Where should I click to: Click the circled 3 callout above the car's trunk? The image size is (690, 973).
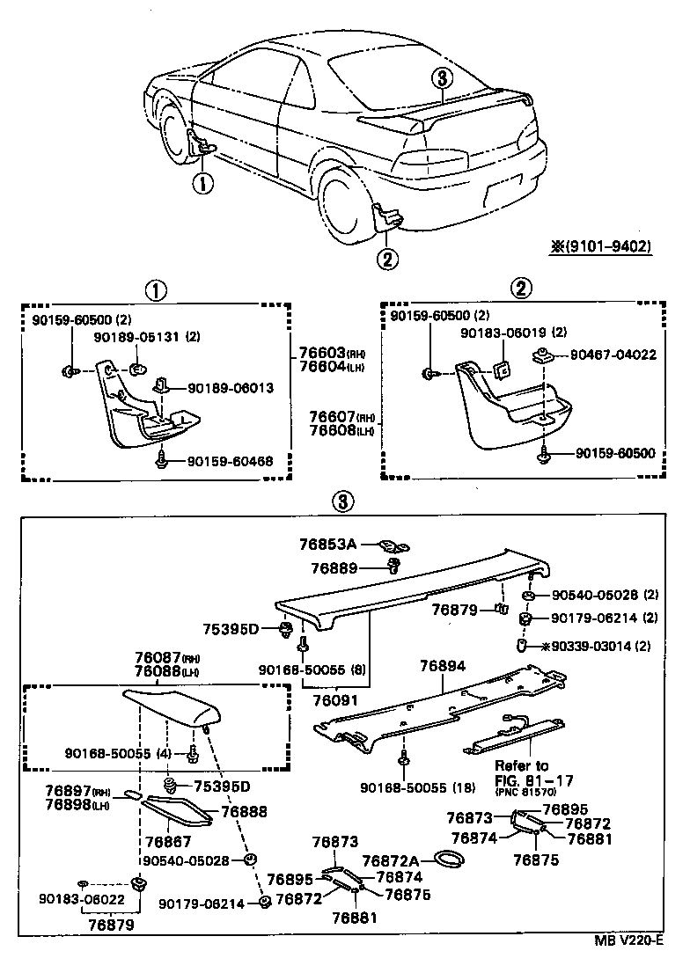click(442, 78)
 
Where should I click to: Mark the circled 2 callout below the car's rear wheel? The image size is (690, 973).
click(387, 258)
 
